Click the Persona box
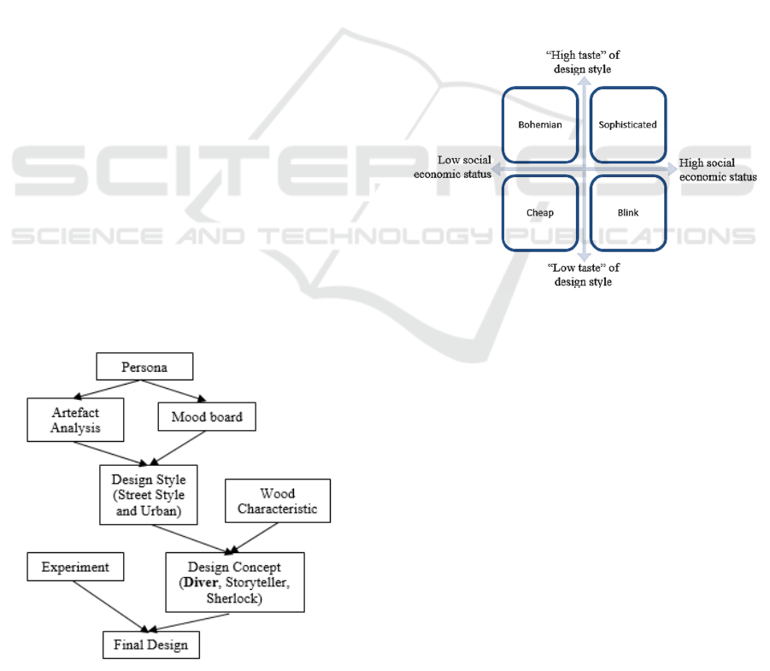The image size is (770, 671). point(144,367)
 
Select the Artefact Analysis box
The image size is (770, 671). point(74,420)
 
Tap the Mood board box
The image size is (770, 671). point(207,418)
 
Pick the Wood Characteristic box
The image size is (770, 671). point(277,501)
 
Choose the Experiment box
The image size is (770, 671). point(75,566)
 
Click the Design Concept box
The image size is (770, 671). point(234,581)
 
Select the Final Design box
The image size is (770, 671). point(150,645)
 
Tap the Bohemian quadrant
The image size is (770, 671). point(540,125)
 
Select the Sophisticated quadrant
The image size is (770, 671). point(627,125)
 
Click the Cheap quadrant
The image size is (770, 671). point(540,213)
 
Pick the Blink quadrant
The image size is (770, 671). point(627,213)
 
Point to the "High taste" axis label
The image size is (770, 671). point(583,62)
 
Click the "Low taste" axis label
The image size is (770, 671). point(583,274)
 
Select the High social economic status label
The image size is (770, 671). point(718,169)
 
